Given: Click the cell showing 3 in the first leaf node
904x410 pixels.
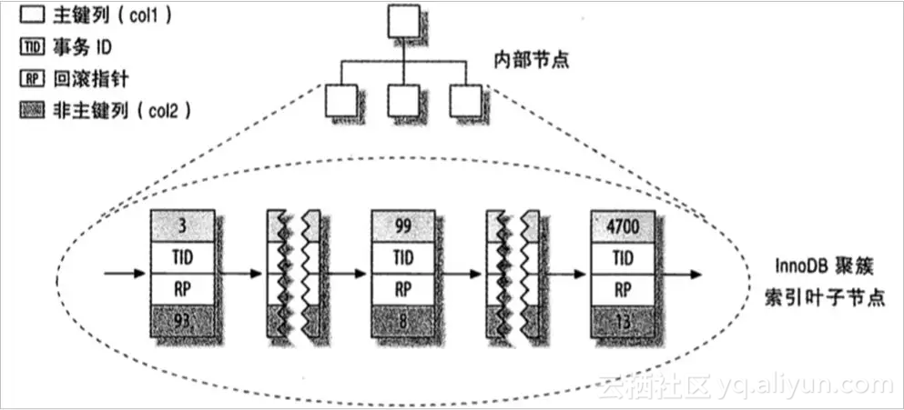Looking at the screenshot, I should click(183, 225).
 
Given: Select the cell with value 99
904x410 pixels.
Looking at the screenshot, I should click(402, 225).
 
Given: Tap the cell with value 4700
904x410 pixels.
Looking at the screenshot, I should click(623, 225).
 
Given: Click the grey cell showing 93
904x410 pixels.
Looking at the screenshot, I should click(183, 321).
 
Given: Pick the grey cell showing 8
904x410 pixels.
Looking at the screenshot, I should click(402, 321).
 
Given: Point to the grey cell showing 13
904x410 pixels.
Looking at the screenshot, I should click(623, 321).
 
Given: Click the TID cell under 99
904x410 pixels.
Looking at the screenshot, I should click(402, 256).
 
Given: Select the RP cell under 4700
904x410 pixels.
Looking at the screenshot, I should click(623, 289).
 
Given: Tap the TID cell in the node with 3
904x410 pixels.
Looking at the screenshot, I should click(183, 256).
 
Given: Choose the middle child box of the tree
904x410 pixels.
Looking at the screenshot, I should click(403, 102).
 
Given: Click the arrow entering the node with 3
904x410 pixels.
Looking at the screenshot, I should click(127, 273).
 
